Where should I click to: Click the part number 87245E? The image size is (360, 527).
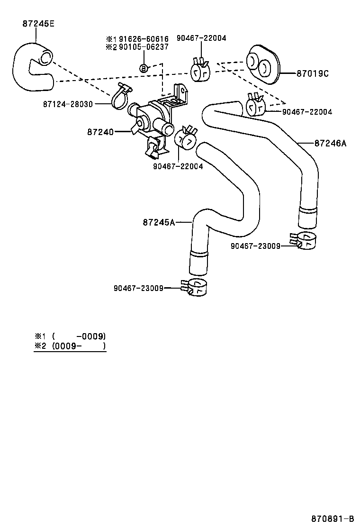tap(38, 24)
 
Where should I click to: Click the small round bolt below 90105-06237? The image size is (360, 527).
tap(144, 68)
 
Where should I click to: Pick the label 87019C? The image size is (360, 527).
tap(313, 73)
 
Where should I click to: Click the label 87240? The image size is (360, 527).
tap(100, 132)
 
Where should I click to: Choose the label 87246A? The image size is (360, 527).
tap(330, 143)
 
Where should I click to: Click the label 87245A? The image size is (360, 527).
tap(159, 222)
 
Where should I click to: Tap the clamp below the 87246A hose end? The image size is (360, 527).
tap(303, 241)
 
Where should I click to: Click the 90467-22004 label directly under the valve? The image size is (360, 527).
tap(178, 166)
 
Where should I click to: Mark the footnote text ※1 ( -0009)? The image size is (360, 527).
tap(70, 336)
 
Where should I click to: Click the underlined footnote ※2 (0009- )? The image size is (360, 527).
tap(70, 346)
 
